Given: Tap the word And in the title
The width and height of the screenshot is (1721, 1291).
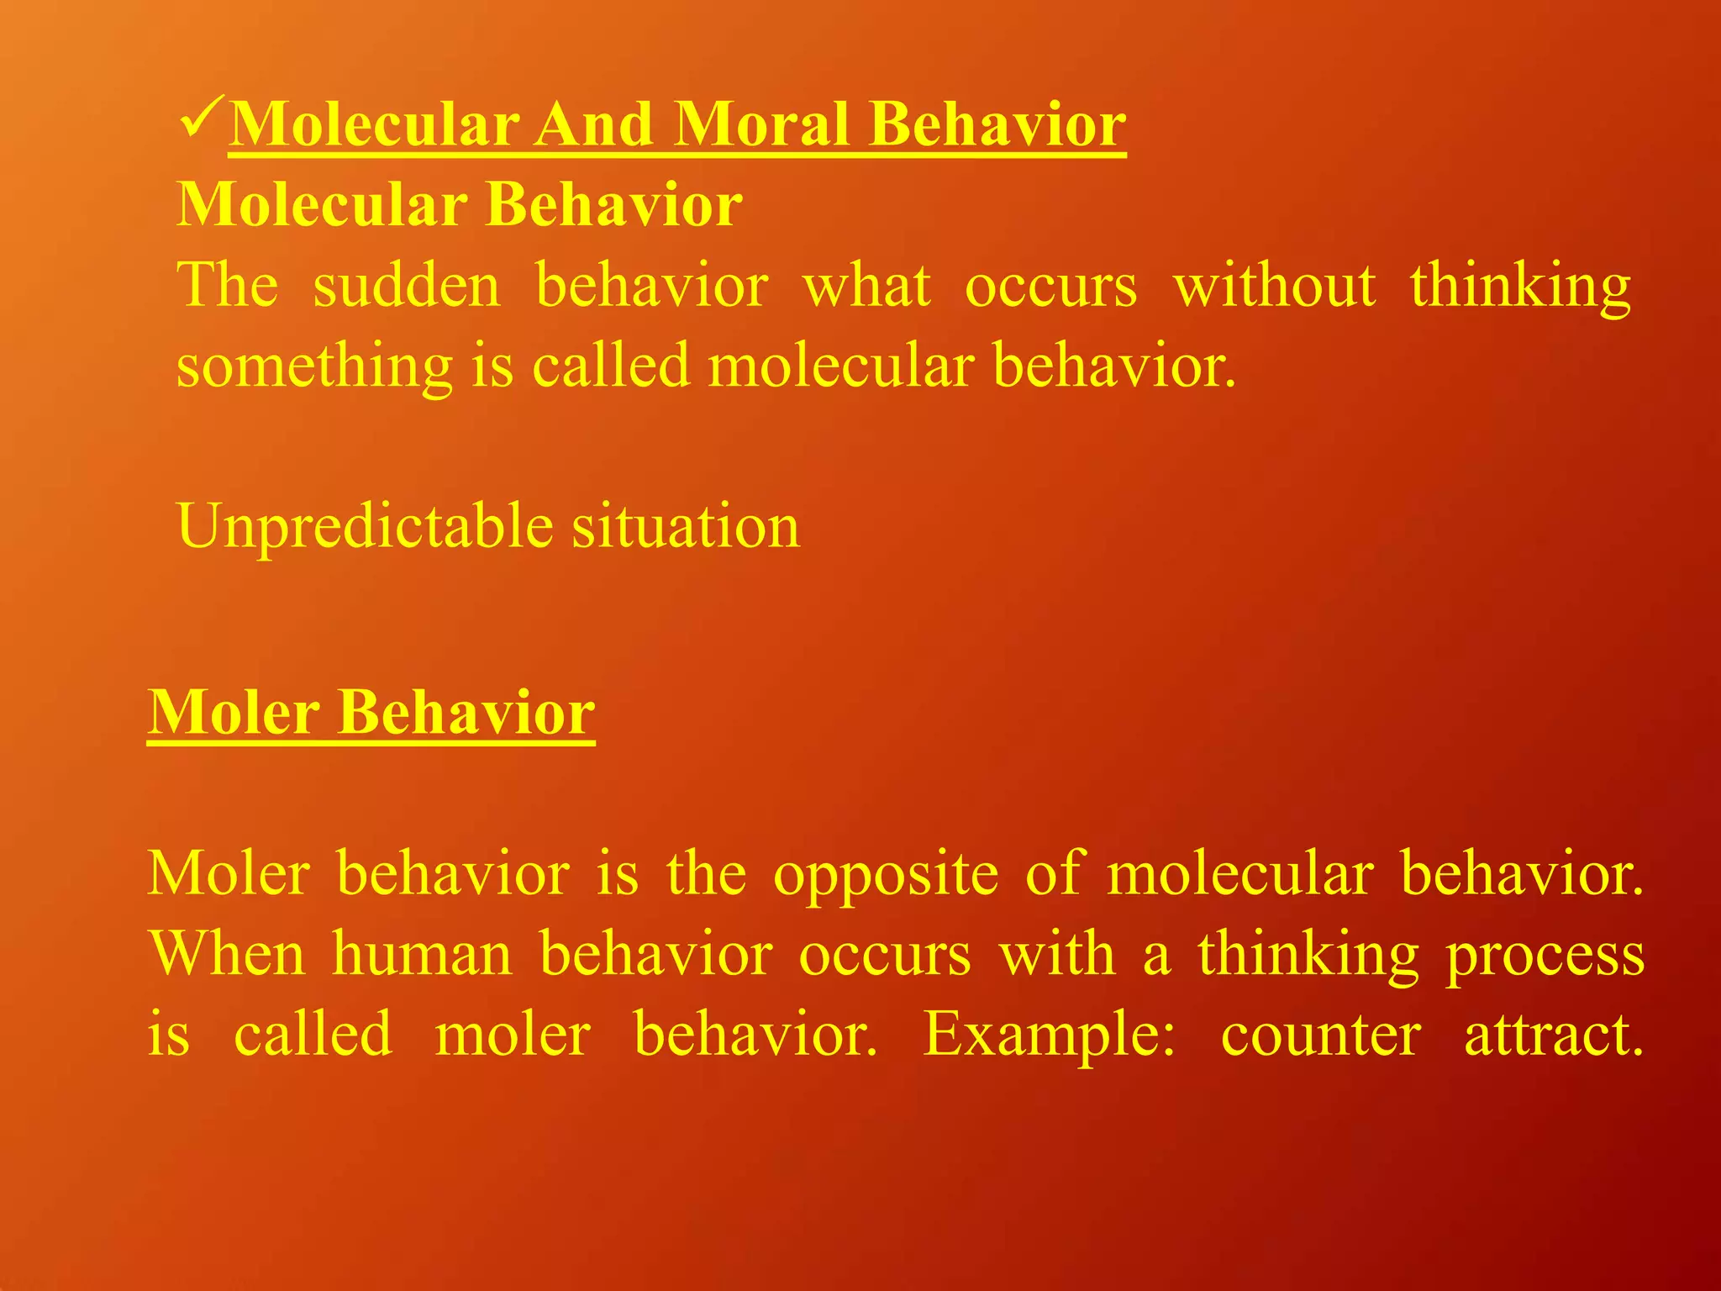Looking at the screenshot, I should coord(594,124).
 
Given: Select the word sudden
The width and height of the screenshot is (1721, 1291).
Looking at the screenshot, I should coord(407,286).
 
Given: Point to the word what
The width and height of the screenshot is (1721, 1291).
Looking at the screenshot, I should coord(866,286).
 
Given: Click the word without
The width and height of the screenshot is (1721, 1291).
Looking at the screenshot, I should coord(1274,286).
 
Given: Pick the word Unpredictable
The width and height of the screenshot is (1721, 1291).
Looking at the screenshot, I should coord(365,526).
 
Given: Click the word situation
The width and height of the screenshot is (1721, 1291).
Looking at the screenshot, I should coord(686,526).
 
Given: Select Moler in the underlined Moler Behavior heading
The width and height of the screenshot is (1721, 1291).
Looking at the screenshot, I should coord(234,713).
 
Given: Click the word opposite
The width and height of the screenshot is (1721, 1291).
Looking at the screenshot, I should coord(886,874).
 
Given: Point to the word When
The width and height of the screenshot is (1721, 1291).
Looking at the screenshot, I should coord(227,955).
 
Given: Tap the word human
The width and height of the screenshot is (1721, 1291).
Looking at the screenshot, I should coord(422,955).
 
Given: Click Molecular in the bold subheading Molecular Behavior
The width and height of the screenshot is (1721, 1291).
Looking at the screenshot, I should coord(322,205).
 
